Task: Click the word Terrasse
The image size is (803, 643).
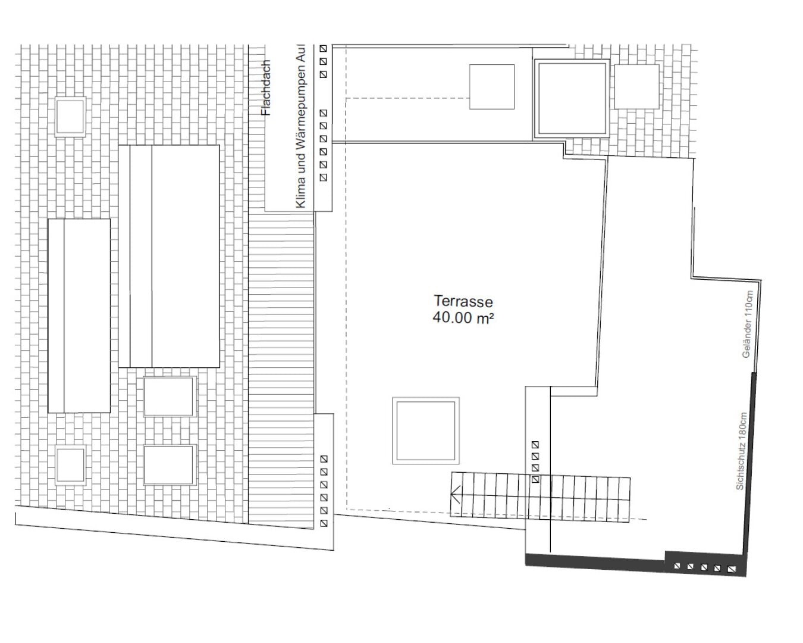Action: point(463,301)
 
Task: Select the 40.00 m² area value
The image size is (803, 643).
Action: point(463,317)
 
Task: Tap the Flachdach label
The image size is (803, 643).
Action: point(265,88)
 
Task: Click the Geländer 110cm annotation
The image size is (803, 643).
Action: point(748,324)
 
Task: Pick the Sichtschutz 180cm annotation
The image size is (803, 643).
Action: point(741,451)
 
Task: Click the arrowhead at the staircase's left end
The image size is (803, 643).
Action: point(455,495)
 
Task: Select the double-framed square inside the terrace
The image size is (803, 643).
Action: point(425,430)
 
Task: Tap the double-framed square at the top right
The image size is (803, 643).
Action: point(572,98)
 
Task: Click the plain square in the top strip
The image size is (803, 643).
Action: point(492,87)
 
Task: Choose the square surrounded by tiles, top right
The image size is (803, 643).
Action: point(636,86)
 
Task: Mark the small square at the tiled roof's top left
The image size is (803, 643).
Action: point(71,116)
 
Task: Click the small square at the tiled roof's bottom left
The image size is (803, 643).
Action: point(71,465)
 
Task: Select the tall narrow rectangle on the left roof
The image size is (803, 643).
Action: point(79,316)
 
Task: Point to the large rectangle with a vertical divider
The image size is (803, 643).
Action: point(169,256)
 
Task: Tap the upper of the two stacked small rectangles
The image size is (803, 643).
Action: point(170,397)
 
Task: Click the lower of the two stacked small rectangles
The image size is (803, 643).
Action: point(170,464)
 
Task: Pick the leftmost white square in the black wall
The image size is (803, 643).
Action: point(677,566)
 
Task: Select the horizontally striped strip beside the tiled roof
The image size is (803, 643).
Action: point(281,369)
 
